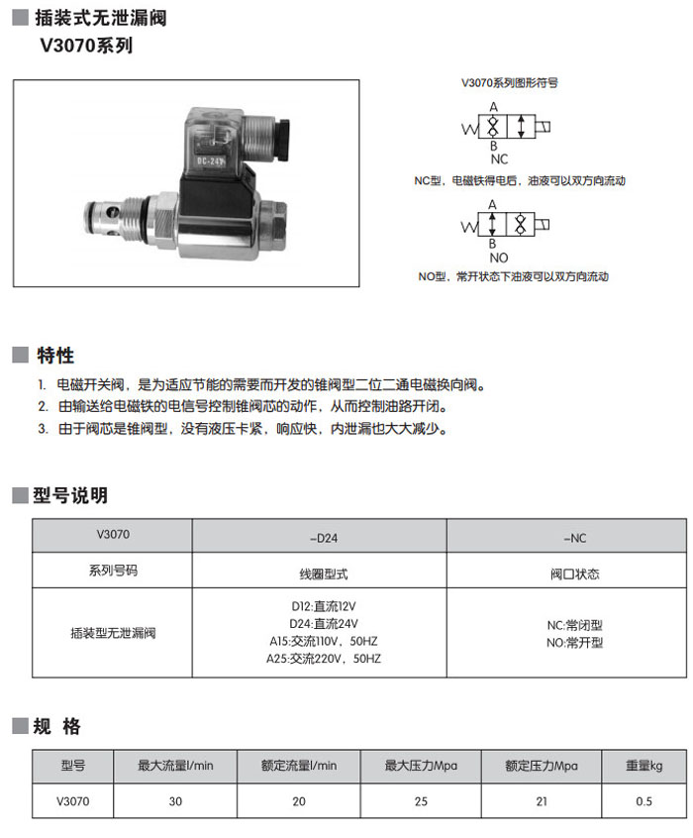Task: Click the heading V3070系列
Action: coord(85,46)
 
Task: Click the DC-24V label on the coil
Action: coord(212,160)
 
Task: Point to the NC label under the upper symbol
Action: coord(499,158)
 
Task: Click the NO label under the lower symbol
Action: coord(499,258)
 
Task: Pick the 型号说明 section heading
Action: coord(70,495)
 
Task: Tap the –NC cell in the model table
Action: coord(575,538)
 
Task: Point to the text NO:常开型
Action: coord(575,643)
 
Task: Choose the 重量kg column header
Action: coord(643,766)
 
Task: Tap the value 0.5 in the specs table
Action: coord(643,801)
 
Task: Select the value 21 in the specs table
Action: coord(541,801)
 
